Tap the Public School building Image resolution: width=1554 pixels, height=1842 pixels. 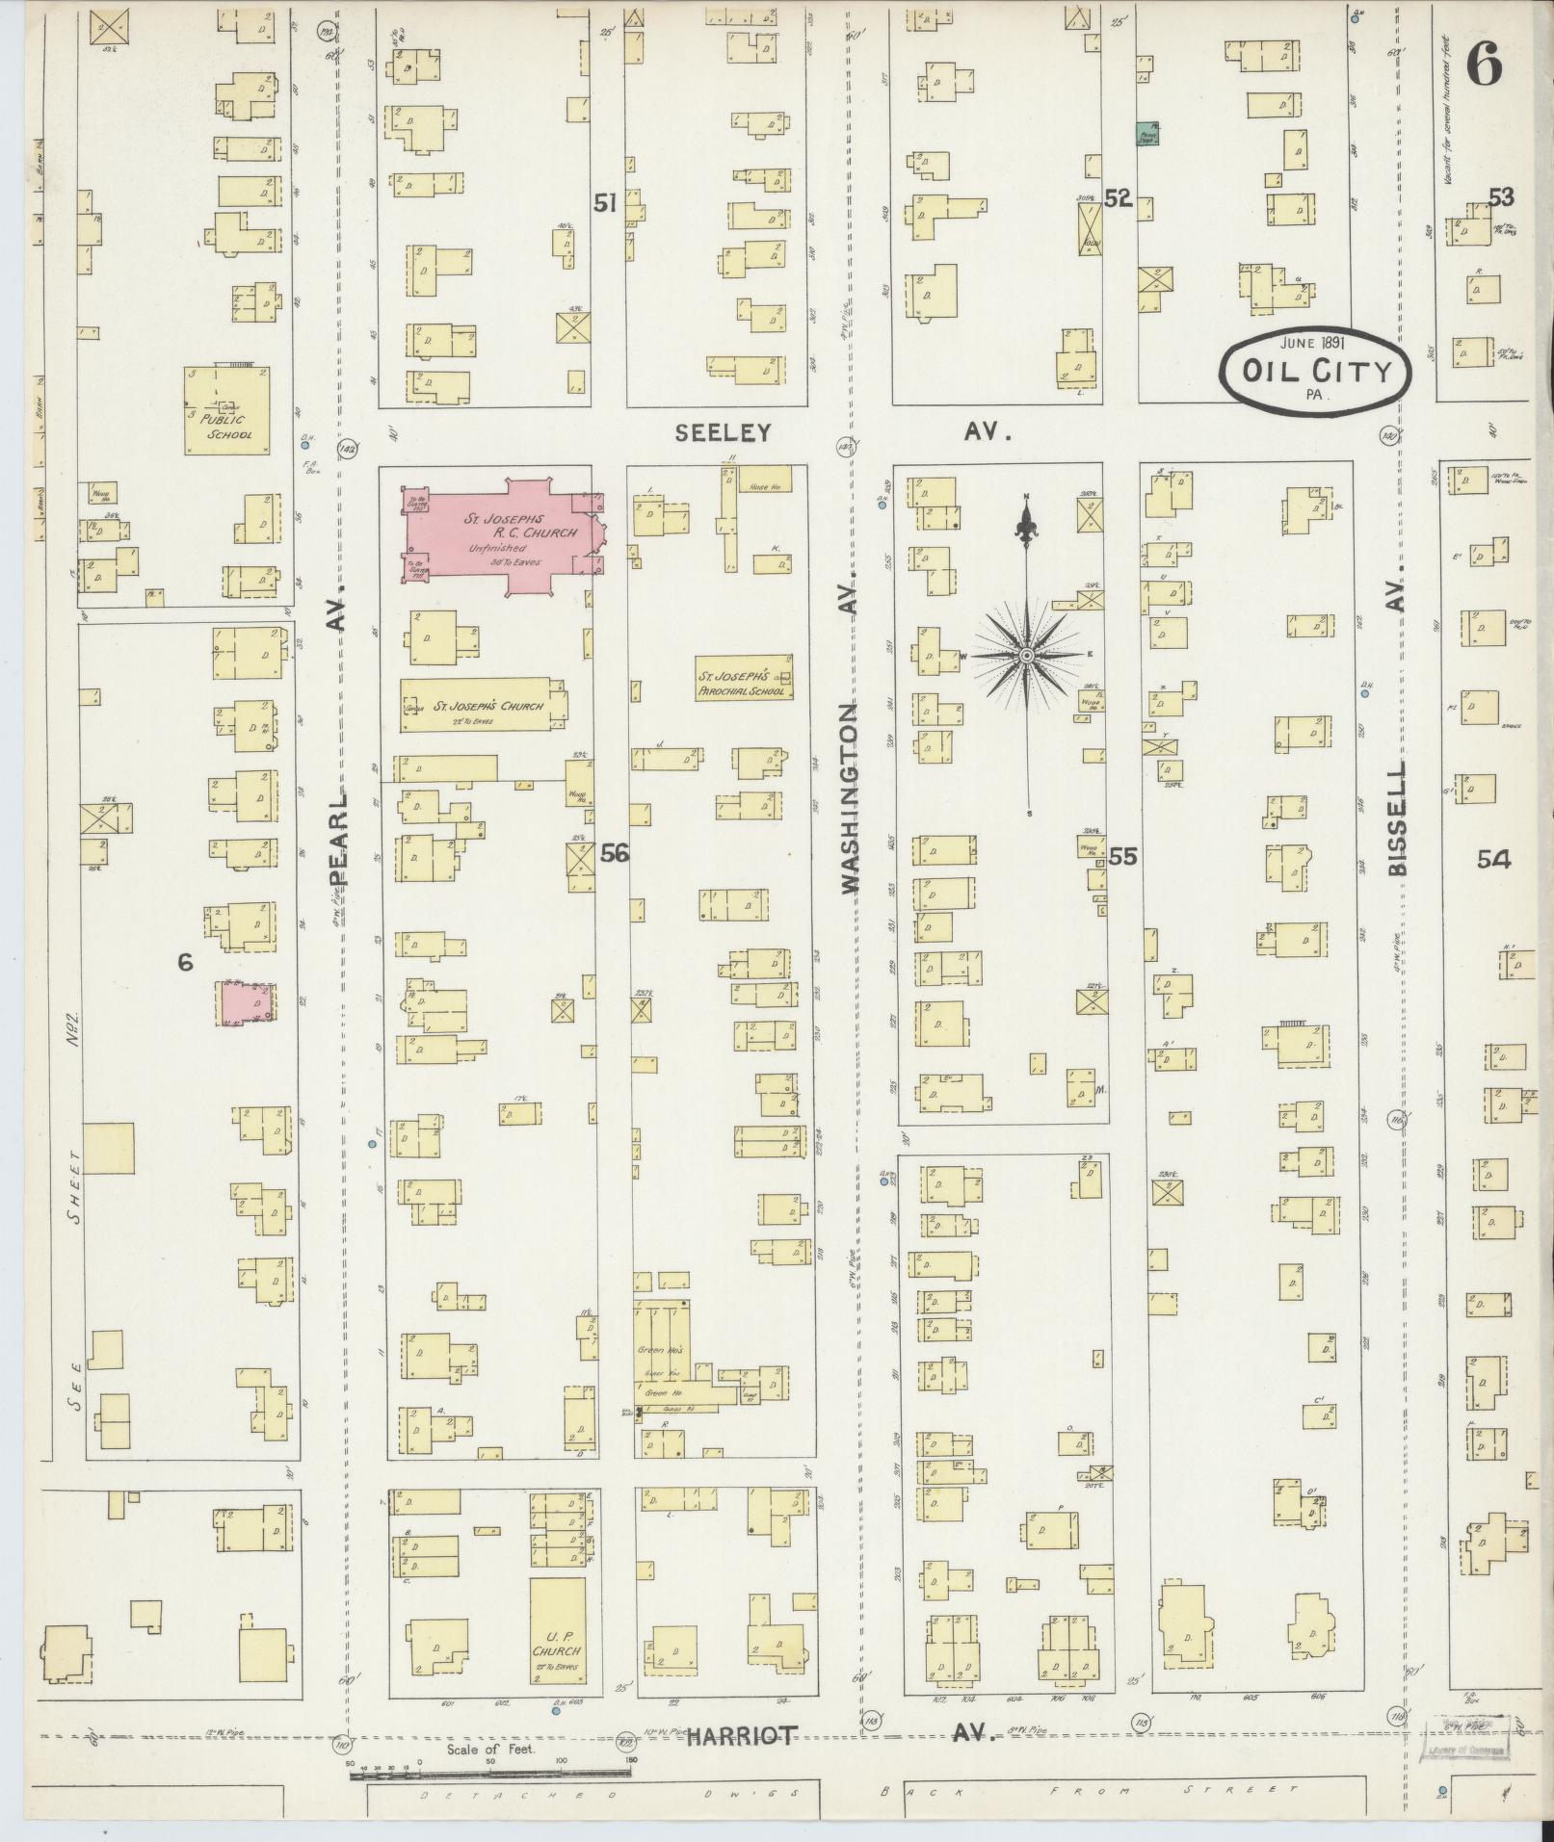click(x=227, y=411)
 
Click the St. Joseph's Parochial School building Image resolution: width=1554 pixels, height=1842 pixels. click(x=744, y=678)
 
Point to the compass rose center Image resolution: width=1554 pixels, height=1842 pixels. click(x=1027, y=656)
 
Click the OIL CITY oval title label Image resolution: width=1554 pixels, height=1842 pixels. click(x=1316, y=371)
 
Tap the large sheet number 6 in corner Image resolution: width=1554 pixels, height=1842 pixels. click(x=1484, y=65)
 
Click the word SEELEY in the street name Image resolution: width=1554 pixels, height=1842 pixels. click(x=723, y=433)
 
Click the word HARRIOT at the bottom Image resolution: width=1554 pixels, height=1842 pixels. click(x=742, y=1736)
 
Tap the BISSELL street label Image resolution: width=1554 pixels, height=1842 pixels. click(x=1397, y=818)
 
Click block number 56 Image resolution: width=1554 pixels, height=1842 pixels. click(x=614, y=854)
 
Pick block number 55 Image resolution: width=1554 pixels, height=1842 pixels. click(x=1122, y=855)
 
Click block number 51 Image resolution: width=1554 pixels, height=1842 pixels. click(x=604, y=203)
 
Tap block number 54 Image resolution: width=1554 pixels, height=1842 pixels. click(x=1493, y=860)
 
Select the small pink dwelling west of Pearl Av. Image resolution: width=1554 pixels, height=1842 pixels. click(x=243, y=1004)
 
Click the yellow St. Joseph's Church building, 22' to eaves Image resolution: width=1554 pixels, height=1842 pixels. click(x=482, y=705)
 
